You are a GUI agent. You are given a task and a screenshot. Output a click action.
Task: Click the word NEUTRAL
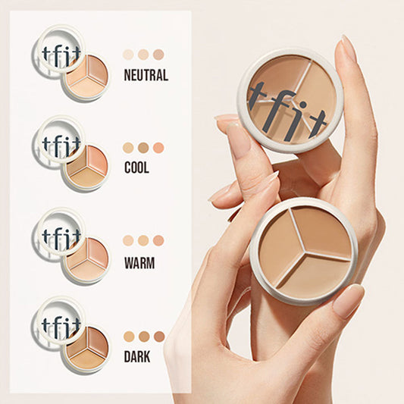click(x=145, y=76)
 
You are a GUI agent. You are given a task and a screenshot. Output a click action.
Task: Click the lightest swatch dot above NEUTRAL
click(x=128, y=55)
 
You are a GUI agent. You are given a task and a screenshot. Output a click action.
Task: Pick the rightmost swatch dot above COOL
click(x=158, y=147)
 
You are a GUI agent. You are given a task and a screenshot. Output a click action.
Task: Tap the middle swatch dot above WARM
click(x=143, y=240)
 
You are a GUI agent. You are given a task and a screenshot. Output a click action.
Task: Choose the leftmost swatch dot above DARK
click(x=129, y=336)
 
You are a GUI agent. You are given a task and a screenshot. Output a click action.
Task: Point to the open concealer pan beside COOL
click(x=86, y=167)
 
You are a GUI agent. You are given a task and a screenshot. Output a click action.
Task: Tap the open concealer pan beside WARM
click(x=86, y=258)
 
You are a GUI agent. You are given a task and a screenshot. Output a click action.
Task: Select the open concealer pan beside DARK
click(x=85, y=349)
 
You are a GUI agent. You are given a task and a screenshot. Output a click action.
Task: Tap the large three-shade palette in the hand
click(x=304, y=250)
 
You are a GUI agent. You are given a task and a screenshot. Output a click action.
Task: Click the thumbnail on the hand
click(x=348, y=302)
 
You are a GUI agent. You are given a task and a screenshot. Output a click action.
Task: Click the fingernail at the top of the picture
click(x=348, y=49)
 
